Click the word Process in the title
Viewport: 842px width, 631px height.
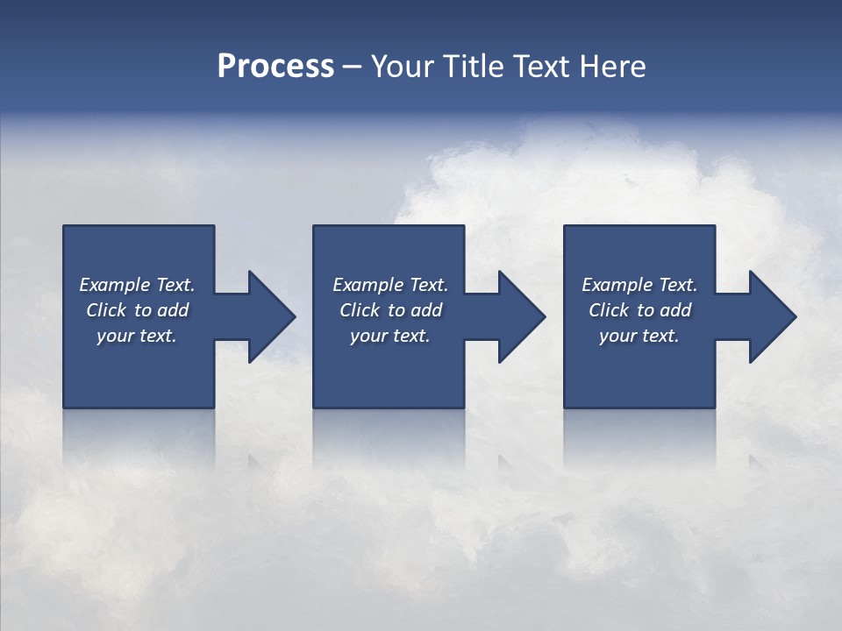[x=275, y=67]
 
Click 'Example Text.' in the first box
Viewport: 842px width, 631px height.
[x=137, y=285]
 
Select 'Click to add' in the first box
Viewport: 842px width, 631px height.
[x=137, y=310]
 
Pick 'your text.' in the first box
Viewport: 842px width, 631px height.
[x=137, y=336]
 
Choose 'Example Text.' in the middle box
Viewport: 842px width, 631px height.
[x=390, y=285]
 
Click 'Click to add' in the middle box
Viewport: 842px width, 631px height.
[x=390, y=310]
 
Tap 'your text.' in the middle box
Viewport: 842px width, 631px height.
[x=390, y=336]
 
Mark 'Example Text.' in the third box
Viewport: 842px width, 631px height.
[x=639, y=285]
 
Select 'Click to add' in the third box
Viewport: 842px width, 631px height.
[x=639, y=310]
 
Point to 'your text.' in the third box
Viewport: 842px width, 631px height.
[x=639, y=336]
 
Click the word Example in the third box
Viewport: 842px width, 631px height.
[x=617, y=285]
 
